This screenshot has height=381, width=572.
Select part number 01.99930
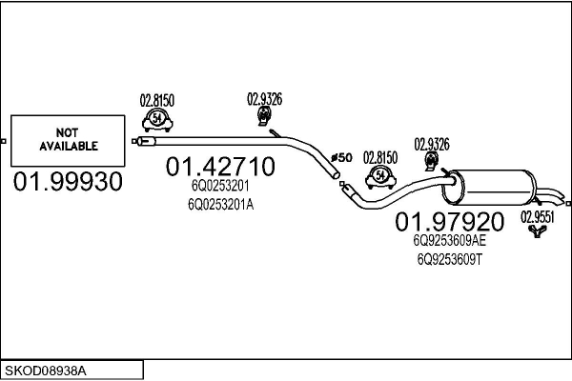tap(69, 182)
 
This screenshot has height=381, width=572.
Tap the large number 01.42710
tap(220, 168)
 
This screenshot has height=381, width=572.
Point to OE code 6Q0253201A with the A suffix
tap(220, 203)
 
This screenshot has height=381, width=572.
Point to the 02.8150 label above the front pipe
tap(157, 99)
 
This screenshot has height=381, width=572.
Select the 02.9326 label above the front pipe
tap(264, 97)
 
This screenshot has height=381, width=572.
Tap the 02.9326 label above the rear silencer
tap(431, 144)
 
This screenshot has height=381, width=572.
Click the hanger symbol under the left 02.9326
tap(264, 116)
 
